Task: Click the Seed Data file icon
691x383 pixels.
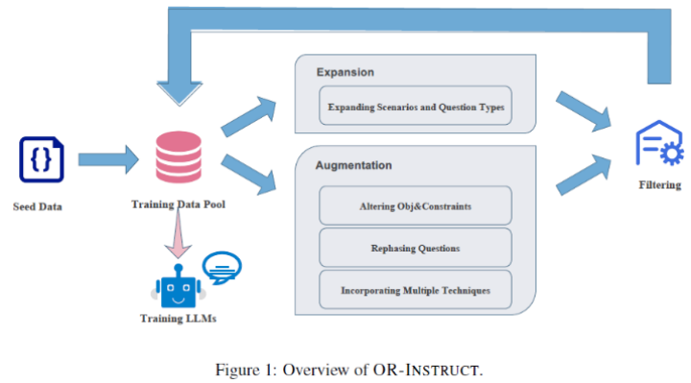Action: tap(41, 159)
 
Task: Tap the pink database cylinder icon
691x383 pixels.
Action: tap(179, 156)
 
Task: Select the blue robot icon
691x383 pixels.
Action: tap(179, 286)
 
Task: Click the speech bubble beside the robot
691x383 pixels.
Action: tap(222, 268)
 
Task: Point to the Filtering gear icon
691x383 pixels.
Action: tap(659, 143)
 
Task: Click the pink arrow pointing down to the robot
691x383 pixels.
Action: tap(179, 233)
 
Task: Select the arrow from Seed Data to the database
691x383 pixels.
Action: tap(108, 159)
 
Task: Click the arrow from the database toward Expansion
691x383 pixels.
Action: tap(249, 116)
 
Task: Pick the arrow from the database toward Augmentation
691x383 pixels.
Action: tap(249, 175)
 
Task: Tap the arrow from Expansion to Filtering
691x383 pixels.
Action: tap(584, 111)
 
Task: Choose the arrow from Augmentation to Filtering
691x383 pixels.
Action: tap(584, 175)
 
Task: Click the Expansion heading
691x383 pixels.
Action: tap(345, 72)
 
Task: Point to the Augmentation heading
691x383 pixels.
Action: tap(353, 165)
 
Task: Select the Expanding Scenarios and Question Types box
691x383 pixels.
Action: tap(416, 106)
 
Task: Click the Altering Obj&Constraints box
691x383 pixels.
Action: tap(416, 205)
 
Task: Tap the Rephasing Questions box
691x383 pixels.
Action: tap(416, 248)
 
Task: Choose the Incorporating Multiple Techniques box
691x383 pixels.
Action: tap(416, 290)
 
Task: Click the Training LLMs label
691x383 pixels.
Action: tap(179, 319)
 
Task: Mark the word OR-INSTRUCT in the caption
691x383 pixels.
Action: tap(426, 370)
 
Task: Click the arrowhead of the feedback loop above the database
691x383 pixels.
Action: tap(179, 93)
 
